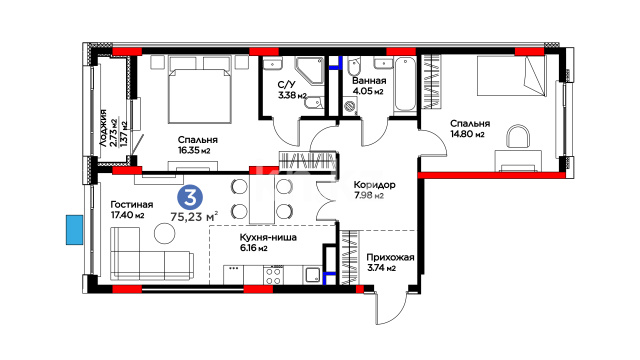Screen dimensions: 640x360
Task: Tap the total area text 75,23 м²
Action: tap(194, 216)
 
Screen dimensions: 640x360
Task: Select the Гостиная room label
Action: tap(132, 204)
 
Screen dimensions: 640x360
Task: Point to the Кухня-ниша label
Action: tap(268, 237)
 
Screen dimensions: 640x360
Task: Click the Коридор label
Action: tap(374, 185)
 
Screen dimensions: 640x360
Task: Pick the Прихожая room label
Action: tap(390, 258)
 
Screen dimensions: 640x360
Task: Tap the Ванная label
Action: tap(369, 80)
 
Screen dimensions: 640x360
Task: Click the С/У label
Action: tap(286, 85)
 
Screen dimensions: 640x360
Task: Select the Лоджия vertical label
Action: tap(103, 128)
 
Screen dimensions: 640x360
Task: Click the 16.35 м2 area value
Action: tap(194, 150)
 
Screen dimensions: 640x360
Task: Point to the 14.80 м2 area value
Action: tap(467, 134)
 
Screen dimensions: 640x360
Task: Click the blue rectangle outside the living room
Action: tap(75, 230)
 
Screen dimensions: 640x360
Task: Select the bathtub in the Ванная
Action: tap(404, 84)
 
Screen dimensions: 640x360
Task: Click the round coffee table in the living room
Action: tap(164, 233)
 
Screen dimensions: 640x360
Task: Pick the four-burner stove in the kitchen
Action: tap(273, 274)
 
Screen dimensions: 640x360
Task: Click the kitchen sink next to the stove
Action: tap(313, 275)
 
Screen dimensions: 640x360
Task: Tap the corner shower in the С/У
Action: tap(309, 71)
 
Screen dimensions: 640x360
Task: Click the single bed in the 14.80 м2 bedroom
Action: tap(511, 76)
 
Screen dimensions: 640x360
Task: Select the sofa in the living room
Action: tap(151, 254)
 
